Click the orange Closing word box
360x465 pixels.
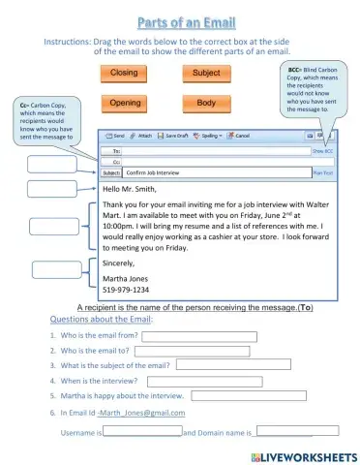tap(123, 74)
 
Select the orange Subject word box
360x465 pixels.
tap(206, 74)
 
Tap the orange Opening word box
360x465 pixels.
tap(125, 103)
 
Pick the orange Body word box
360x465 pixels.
tap(206, 103)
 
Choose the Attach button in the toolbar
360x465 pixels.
tap(141, 137)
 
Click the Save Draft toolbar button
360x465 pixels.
tap(174, 137)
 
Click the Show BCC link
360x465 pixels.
tap(322, 151)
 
